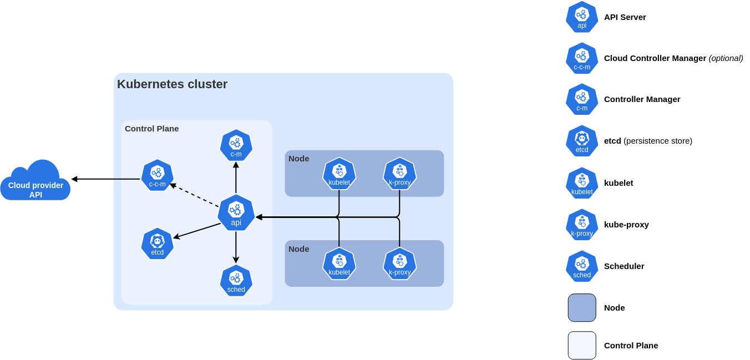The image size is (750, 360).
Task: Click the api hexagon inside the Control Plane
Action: coord(236,212)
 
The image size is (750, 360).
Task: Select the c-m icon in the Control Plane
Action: coord(236,145)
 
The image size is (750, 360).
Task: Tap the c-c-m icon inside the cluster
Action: coord(157,175)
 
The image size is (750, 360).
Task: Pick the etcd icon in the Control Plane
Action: coord(157,244)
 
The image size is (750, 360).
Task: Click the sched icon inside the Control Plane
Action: coord(236,281)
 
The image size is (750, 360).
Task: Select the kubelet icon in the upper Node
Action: coord(339,174)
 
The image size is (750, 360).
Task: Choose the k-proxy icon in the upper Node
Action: coord(399,174)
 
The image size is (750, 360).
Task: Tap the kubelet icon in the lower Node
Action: coord(339,263)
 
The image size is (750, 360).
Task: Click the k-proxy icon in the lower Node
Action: coord(399,263)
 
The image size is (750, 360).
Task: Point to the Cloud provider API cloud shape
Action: coord(36,183)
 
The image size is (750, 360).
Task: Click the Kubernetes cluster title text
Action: coord(172,84)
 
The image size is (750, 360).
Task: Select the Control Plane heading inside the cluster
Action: coord(151,129)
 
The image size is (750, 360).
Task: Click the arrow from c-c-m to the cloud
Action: coord(105,179)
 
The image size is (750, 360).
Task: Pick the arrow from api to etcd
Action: coord(197,231)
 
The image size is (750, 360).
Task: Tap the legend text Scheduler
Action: coord(624,266)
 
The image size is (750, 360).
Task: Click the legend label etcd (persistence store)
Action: coord(648,141)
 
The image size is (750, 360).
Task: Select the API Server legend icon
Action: coord(581,17)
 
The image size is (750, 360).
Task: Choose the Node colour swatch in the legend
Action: coord(581,308)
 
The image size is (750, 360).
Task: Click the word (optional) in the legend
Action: coord(726,58)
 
